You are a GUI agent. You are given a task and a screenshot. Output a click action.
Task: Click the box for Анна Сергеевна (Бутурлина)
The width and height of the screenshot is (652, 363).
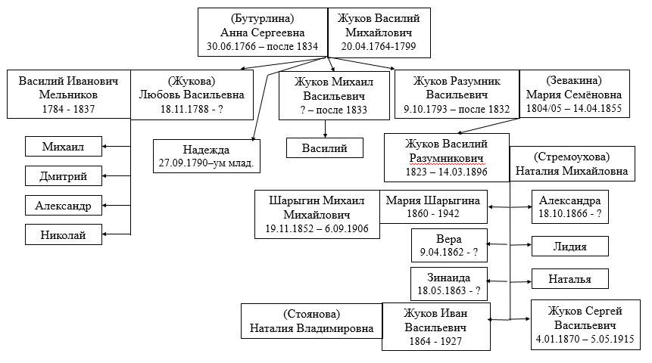coord(263,32)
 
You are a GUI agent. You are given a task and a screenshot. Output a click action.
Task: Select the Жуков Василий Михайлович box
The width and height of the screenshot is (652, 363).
coord(379,33)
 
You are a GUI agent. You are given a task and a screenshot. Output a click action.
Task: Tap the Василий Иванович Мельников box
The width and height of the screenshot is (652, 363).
coord(69,95)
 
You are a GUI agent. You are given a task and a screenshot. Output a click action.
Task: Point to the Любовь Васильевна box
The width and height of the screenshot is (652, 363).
coord(192,95)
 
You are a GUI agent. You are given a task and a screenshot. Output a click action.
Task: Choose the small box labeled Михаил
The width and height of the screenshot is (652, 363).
coord(63,146)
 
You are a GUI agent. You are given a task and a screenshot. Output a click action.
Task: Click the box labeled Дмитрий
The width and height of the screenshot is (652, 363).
coord(63,175)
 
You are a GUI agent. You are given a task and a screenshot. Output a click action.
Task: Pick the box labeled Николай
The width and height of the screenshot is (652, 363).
coord(63,234)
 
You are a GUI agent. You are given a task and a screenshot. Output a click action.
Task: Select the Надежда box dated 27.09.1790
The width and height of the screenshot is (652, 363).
coord(206,156)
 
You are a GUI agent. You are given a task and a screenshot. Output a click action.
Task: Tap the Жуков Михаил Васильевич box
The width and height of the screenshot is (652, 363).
coord(334,95)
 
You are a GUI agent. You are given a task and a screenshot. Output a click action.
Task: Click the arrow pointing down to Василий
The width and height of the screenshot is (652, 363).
coord(325,129)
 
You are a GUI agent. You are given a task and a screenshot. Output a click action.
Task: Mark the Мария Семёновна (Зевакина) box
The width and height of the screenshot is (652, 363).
coord(574,94)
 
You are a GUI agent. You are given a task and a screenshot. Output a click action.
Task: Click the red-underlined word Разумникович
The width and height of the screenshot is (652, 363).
coord(446,158)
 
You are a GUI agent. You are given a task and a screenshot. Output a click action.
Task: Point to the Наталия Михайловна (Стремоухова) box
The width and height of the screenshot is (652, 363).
coord(572,163)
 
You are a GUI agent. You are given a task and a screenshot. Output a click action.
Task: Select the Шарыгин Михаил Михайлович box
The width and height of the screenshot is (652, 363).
coord(317,214)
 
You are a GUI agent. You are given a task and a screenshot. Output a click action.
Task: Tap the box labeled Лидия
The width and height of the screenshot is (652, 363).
coord(569,247)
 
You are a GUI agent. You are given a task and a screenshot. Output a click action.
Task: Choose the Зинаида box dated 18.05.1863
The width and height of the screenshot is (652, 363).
coord(448,284)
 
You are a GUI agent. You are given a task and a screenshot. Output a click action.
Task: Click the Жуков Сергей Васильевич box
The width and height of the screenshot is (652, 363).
coord(585,324)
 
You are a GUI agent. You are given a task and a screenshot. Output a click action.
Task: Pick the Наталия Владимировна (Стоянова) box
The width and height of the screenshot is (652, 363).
coord(311,321)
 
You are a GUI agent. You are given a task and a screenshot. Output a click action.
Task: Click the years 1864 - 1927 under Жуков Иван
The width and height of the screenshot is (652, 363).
coord(435,341)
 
